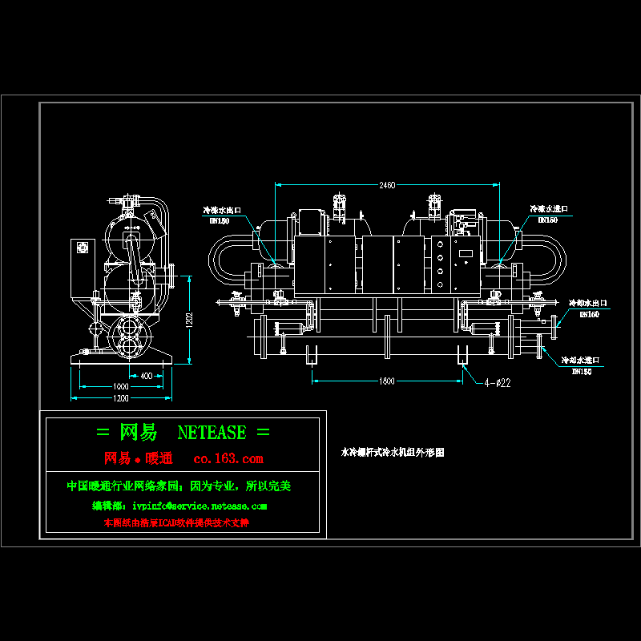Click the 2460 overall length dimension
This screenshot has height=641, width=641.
[387, 185]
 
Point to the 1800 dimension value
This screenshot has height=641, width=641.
[387, 381]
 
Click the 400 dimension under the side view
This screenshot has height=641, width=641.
[146, 375]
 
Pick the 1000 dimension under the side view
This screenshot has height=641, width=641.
[121, 386]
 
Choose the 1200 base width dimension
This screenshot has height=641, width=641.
[121, 397]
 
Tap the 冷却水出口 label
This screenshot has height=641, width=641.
[588, 304]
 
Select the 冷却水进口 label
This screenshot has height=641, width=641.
[580, 361]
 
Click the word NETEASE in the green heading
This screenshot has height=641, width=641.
[212, 433]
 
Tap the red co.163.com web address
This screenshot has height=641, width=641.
[229, 459]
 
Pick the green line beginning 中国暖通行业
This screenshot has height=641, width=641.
[179, 486]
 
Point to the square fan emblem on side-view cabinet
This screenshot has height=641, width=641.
[81, 248]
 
